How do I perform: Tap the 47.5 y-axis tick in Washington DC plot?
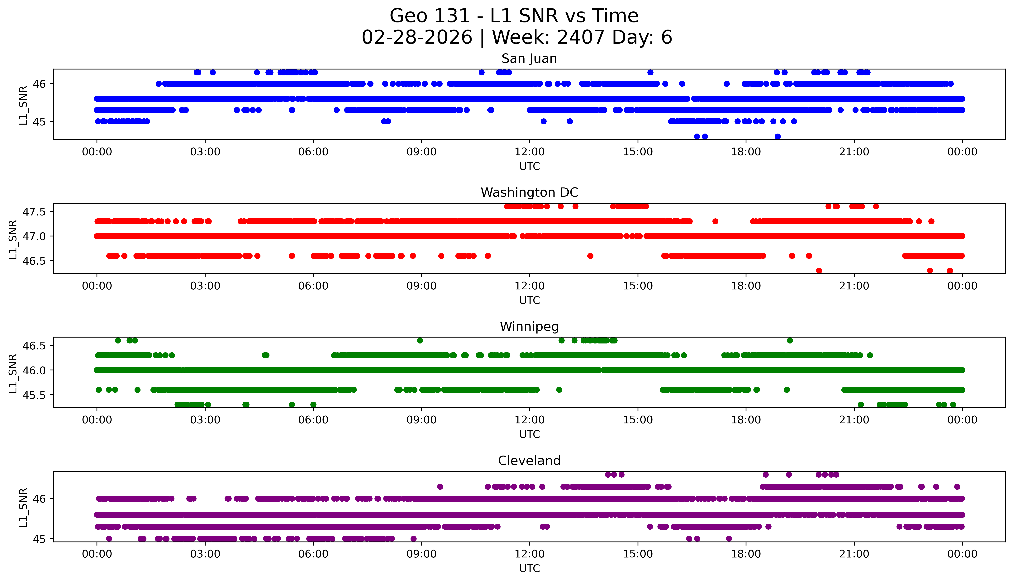(34, 212)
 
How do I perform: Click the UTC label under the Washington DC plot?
(529, 300)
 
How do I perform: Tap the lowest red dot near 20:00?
(819, 271)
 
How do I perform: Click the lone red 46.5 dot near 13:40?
(590, 256)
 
